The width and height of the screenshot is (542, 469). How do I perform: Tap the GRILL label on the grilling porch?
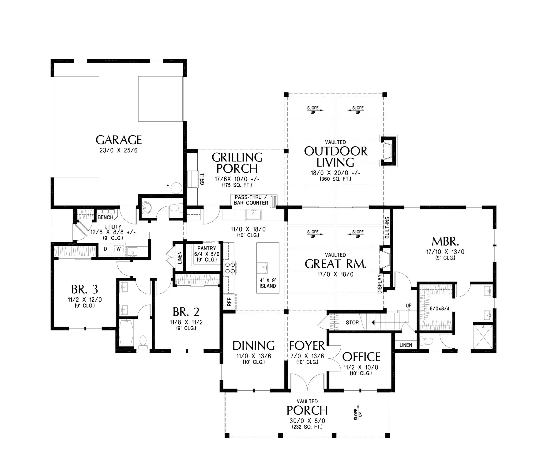click(x=202, y=178)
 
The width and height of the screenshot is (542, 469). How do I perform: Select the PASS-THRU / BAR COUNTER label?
click(x=251, y=200)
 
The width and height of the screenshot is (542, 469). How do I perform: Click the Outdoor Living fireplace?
click(x=388, y=151)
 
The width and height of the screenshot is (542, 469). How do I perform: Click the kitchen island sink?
click(x=262, y=268)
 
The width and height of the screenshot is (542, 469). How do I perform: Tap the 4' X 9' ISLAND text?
click(x=267, y=283)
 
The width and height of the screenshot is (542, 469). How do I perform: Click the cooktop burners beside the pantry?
click(x=230, y=268)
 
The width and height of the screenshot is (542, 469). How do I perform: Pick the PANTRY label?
click(x=207, y=248)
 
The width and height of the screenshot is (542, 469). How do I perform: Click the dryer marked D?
click(x=105, y=249)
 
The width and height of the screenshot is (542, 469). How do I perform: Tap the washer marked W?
click(x=118, y=249)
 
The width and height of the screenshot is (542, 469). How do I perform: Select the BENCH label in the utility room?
click(x=105, y=217)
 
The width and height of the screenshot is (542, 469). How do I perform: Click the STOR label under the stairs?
click(x=352, y=322)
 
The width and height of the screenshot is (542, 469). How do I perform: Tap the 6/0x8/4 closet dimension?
click(x=440, y=309)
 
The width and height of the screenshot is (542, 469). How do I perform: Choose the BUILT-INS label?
click(x=387, y=227)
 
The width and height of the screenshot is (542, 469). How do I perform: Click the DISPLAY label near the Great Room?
click(x=380, y=284)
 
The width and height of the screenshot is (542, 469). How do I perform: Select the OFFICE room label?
click(x=361, y=357)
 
